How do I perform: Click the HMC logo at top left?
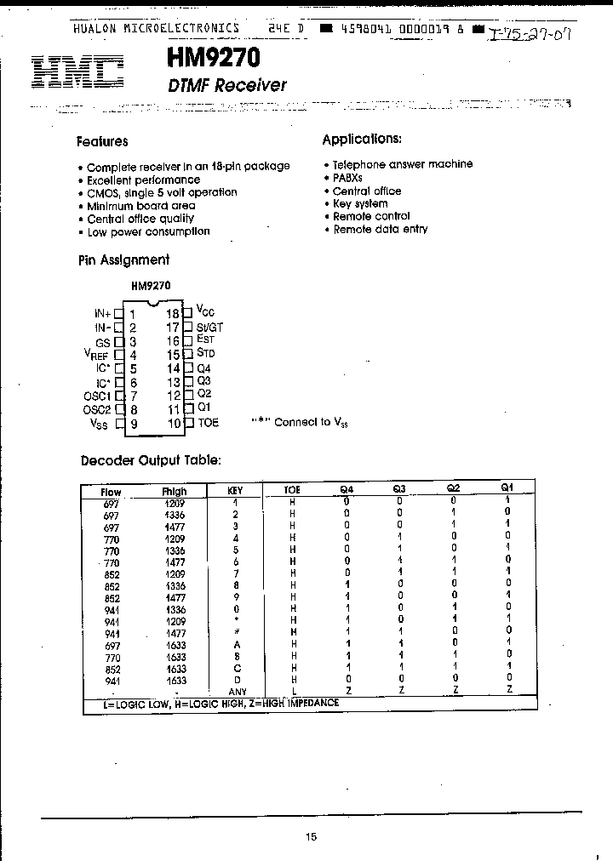point(77,72)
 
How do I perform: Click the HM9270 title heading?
point(208,58)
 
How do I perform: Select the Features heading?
point(102,142)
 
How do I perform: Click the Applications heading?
point(361,139)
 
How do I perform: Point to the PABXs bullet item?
point(347,178)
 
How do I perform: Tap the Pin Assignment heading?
point(123,260)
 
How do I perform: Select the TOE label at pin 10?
point(208,422)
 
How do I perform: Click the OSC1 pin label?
point(97,396)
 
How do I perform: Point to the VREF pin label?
point(97,356)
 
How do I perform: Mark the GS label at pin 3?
point(104,340)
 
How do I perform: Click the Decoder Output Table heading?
point(151,460)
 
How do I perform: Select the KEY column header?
point(236,491)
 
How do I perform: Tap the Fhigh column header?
point(174,491)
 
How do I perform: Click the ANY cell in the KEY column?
point(238,692)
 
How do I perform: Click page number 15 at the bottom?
point(311,837)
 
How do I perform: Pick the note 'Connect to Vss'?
point(299,422)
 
